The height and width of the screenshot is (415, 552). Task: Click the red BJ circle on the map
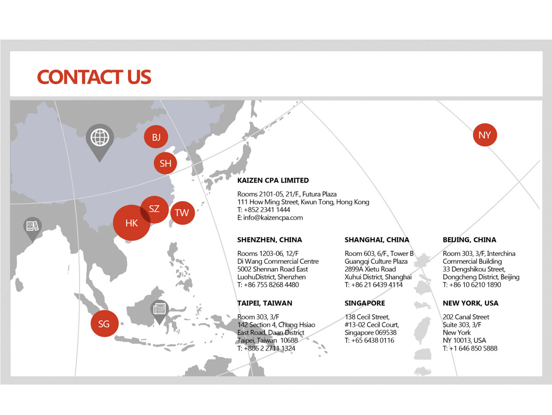156,137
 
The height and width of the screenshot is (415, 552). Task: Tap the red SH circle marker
165,163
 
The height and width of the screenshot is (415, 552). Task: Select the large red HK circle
131,223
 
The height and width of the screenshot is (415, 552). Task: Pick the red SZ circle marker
154,209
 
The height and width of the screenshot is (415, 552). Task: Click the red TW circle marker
182,213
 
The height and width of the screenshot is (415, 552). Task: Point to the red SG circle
104,323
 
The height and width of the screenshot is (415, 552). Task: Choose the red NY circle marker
485,135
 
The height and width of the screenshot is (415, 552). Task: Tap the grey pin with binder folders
33,229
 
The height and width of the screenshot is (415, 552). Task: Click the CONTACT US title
94,77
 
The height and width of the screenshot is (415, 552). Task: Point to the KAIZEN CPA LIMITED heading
273,180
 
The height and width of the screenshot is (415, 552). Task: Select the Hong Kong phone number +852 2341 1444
267,210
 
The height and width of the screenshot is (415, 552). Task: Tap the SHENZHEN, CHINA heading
269,240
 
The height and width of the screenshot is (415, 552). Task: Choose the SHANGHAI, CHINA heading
377,240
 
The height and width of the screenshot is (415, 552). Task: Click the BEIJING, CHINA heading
469,240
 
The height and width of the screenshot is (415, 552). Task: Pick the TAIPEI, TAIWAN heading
265,303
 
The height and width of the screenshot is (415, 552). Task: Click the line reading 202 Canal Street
466,317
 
